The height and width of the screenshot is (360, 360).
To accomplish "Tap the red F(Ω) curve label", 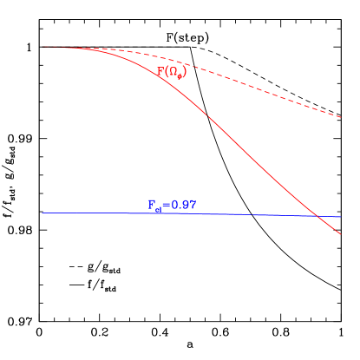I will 171,73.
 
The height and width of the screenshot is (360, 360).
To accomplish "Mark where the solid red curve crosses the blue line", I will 318,216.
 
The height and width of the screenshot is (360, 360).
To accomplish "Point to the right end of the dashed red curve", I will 341,116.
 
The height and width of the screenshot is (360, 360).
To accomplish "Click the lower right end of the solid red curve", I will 340,234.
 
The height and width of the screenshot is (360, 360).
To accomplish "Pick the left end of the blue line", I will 42,213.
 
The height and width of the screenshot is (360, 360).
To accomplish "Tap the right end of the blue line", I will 341,217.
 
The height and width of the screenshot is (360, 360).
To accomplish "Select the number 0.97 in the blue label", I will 183,206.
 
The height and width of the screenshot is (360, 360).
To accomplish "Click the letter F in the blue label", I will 152,206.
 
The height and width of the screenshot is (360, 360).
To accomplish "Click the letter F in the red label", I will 160,72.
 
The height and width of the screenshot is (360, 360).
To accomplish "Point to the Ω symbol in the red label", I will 173,73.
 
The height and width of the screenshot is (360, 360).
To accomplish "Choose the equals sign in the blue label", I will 165,206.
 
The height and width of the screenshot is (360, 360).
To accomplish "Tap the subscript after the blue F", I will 158,210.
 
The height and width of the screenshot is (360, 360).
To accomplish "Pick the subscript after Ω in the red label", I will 179,76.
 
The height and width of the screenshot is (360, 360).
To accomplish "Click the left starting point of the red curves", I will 42,47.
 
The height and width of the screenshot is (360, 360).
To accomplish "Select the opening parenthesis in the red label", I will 167,73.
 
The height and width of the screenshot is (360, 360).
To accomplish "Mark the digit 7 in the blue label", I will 193,206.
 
